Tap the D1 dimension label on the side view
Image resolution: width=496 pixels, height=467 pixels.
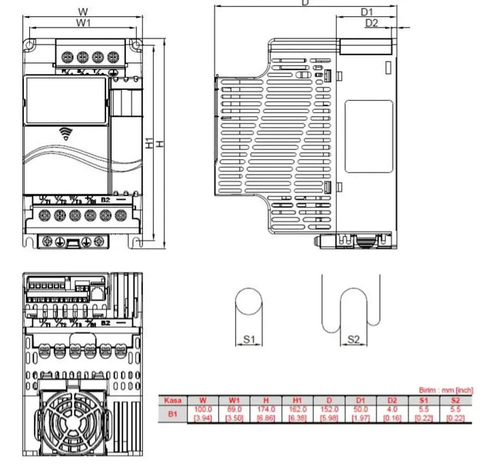coord(367,12)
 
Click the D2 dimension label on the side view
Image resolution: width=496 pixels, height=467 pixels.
coord(372,23)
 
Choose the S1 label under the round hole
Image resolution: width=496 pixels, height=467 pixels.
coord(248,339)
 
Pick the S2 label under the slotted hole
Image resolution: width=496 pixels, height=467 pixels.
coord(353,339)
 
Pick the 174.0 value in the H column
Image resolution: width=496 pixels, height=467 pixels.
coord(267,409)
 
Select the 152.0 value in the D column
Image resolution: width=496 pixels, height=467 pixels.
coord(329,409)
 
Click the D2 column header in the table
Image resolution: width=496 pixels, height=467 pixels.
coord(392,400)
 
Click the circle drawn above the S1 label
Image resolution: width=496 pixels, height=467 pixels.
coord(248,302)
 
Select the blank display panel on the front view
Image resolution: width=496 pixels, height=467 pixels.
coord(65,101)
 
